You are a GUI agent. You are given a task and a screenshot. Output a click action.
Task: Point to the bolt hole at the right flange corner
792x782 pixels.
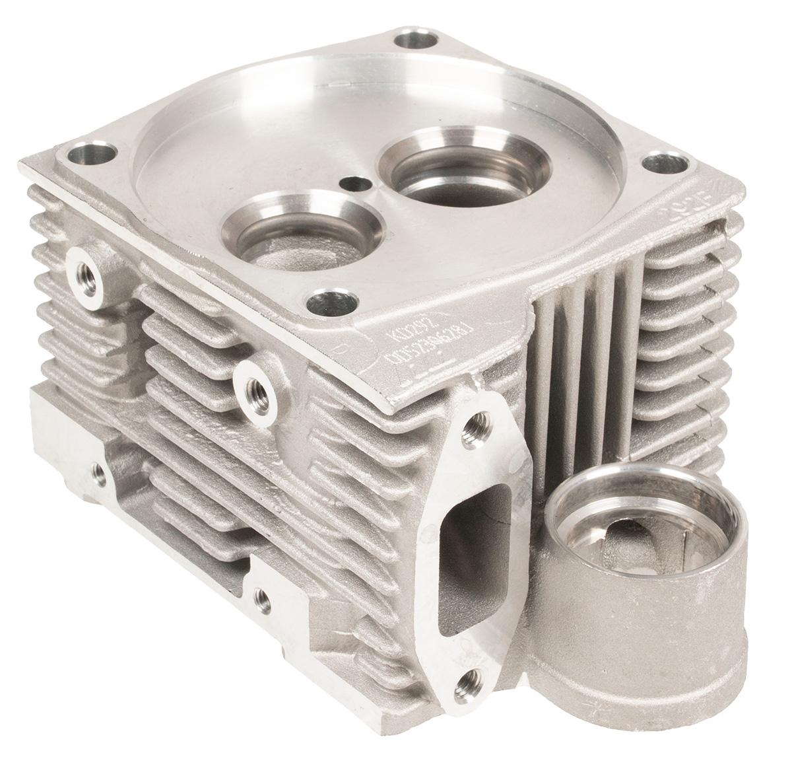(659, 161)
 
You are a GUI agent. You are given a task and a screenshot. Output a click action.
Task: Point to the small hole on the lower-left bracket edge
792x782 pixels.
(99, 470)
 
